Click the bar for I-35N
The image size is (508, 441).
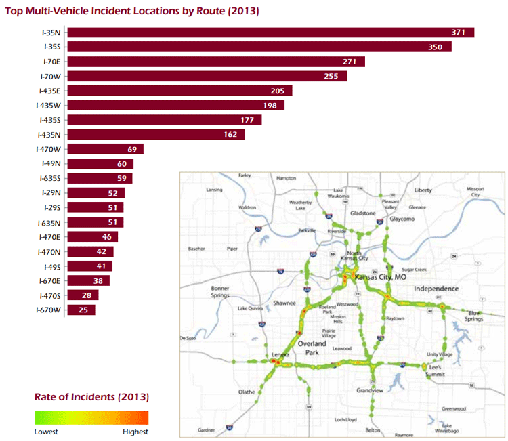(271, 33)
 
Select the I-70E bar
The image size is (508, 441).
(217, 62)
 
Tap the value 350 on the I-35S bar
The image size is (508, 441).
(436, 47)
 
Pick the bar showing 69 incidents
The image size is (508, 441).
(106, 149)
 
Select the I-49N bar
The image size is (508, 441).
(101, 164)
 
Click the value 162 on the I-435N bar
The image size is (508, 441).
(231, 135)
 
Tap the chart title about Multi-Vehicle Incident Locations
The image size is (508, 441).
(132, 11)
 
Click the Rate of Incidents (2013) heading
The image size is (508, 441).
(91, 396)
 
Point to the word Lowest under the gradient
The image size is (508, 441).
(47, 432)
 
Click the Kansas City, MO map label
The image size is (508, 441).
(380, 278)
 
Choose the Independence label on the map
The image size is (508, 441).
(436, 289)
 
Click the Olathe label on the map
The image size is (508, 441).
(247, 392)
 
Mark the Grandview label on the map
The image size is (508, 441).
(371, 390)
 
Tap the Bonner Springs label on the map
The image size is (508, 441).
(221, 293)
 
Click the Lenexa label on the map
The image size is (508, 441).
(280, 354)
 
